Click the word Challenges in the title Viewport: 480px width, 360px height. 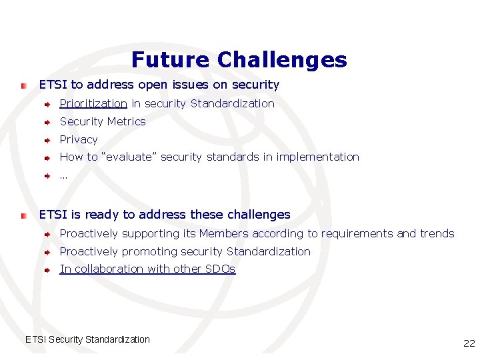click(282, 60)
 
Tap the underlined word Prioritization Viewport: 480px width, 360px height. click(93, 103)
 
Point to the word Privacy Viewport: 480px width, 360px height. click(79, 139)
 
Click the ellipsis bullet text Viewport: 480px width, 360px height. click(63, 176)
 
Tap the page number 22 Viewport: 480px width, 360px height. click(469, 343)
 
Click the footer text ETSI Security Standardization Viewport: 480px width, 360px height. click(87, 339)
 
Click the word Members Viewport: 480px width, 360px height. click(223, 234)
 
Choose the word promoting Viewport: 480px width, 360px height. click(150, 252)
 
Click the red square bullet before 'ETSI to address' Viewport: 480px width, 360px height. click(23, 86)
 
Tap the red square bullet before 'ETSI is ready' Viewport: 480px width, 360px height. click(23, 216)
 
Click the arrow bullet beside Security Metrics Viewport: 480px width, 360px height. click(48, 122)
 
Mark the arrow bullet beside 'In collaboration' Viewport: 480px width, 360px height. click(48, 270)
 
